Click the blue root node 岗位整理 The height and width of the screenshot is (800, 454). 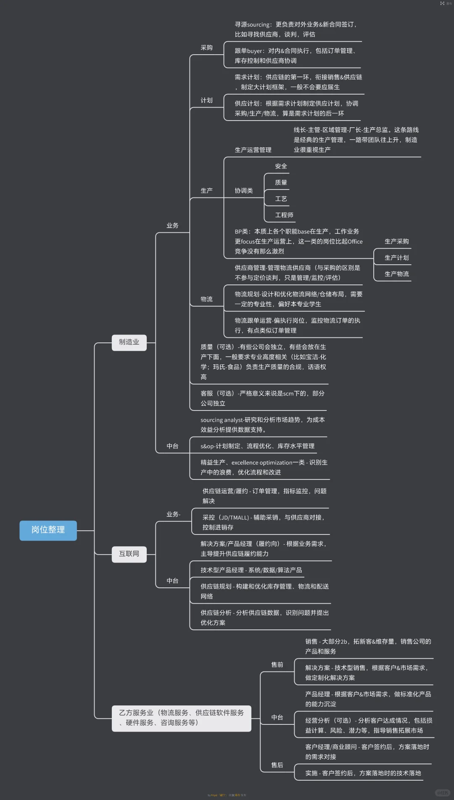(x=48, y=530)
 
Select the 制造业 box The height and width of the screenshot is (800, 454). (x=129, y=342)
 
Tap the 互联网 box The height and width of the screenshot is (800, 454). (x=129, y=554)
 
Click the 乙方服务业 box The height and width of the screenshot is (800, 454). (x=181, y=718)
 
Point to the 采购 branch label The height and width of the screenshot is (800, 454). (x=206, y=48)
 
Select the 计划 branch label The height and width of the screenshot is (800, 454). (x=206, y=100)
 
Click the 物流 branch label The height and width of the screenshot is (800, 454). (x=206, y=299)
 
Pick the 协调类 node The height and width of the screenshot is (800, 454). (x=244, y=191)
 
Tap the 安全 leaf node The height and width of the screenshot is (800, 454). (x=281, y=166)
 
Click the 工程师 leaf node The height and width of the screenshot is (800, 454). (x=284, y=215)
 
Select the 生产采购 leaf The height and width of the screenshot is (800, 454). (x=396, y=242)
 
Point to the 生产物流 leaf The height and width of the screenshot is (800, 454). (x=396, y=274)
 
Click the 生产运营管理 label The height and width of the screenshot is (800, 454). (x=253, y=150)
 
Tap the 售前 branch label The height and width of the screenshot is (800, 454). (x=277, y=665)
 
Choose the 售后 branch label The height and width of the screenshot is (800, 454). (x=277, y=765)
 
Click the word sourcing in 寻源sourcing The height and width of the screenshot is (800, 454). (x=258, y=25)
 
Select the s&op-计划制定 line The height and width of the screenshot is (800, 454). (x=257, y=446)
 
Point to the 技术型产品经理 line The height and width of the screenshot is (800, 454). (x=251, y=570)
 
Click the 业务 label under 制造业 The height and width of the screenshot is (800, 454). (x=172, y=226)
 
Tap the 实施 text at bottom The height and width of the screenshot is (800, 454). (x=311, y=773)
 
